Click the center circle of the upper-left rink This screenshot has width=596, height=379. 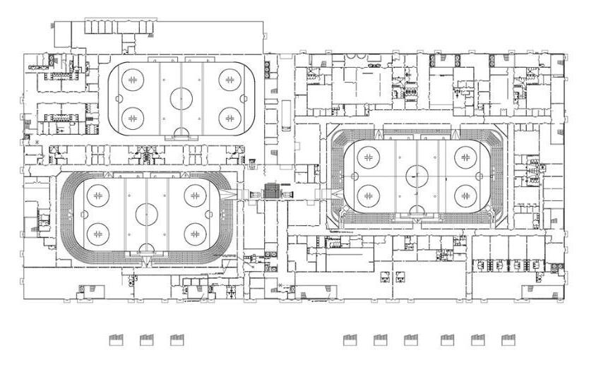pos(181,98)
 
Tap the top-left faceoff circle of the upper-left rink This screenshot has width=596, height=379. pos(132,79)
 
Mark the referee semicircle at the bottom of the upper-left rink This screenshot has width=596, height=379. pos(181,132)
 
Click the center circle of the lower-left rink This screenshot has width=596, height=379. pos(146,213)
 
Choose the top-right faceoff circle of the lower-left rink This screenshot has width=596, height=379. pos(196,195)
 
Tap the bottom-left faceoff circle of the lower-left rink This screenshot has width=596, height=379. pos(97,232)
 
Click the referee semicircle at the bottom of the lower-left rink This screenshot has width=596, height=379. pos(146,248)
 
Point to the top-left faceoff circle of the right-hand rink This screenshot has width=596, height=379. pos(368,155)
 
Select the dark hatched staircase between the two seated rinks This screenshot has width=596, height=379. pos(271,191)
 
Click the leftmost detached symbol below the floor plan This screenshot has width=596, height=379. pos(116,340)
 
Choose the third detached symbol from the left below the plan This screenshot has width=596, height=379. pos(177,340)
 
